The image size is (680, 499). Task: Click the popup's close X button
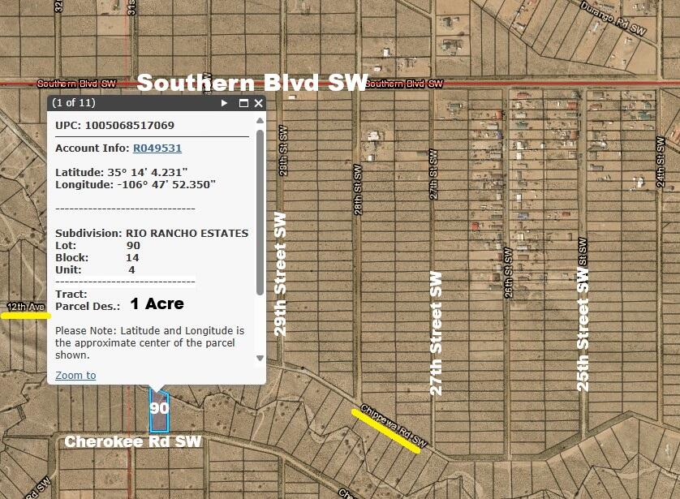259,103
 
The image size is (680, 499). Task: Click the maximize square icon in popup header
243,103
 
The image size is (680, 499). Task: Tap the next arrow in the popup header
225,103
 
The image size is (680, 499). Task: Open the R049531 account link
157,148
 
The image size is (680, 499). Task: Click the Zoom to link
75,375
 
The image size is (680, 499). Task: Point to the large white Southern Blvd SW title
252,83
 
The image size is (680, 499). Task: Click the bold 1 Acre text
157,303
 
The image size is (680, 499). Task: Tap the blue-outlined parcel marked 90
158,409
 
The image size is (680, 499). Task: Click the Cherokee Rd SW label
132,441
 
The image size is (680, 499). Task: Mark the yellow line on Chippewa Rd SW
386,431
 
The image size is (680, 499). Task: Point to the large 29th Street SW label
281,274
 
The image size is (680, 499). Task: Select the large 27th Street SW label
437,333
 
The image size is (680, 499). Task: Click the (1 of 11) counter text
74,103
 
